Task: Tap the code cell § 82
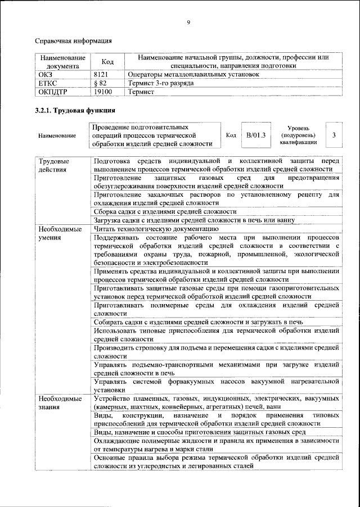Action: tap(100, 83)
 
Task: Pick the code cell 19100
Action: tap(102, 91)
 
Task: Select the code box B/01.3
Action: tap(255, 135)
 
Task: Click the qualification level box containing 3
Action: tap(334, 135)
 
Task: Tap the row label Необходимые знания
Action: tap(57, 402)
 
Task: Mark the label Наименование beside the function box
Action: tap(57, 136)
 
